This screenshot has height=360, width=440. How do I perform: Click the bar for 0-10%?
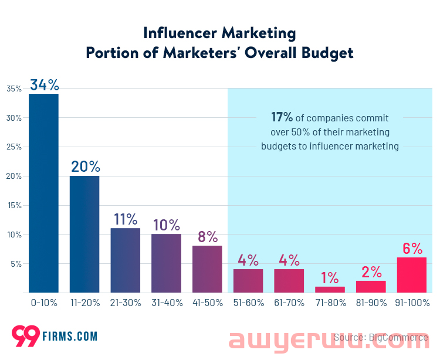[x=43, y=193]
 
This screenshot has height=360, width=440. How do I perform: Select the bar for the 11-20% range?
[x=84, y=235]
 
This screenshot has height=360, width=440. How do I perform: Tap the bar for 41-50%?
[x=207, y=269]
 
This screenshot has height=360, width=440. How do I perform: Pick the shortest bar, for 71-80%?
[x=330, y=290]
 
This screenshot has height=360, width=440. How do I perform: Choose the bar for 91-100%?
[x=412, y=275]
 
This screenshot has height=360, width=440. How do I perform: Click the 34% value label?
[x=44, y=85]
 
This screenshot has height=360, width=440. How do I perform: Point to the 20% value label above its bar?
[x=85, y=167]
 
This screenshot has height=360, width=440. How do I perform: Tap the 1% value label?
[x=330, y=277]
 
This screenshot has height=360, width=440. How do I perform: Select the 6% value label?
[x=412, y=248]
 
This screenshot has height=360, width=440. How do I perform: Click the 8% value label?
[x=208, y=236]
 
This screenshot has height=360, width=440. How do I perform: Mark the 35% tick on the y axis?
[x=14, y=89]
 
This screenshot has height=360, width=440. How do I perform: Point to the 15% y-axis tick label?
[x=14, y=206]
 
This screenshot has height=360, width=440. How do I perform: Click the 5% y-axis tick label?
[x=16, y=264]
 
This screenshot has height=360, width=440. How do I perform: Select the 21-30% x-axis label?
[x=126, y=304]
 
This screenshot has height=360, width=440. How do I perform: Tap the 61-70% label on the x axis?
[x=289, y=304]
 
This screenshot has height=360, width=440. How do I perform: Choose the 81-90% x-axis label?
[x=371, y=304]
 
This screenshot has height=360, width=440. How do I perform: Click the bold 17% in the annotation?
[x=282, y=117]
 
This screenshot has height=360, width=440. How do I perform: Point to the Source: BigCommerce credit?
[x=381, y=337]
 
